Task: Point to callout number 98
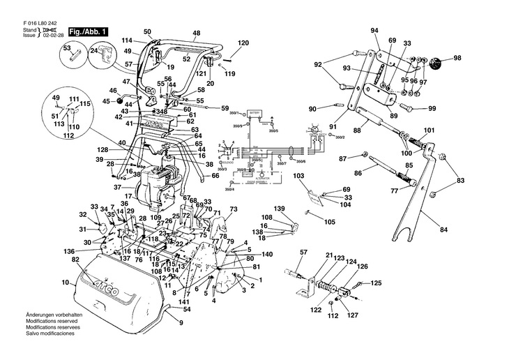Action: (x=457, y=58)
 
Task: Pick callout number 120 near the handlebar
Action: (x=243, y=43)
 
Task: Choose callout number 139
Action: (x=280, y=209)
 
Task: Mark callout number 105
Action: (x=330, y=222)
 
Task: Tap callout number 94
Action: (x=374, y=31)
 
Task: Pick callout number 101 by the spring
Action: (x=428, y=130)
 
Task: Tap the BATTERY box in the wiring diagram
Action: (x=254, y=113)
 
